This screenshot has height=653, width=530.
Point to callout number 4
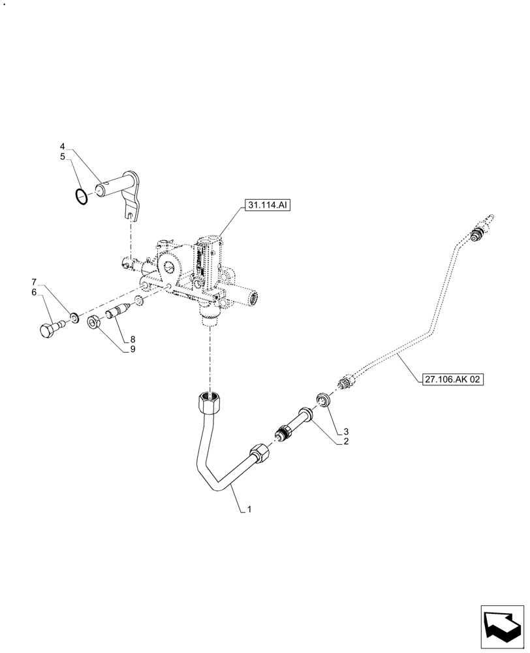[63, 146]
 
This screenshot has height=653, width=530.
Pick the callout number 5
[63, 157]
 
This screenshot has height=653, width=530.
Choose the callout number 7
[34, 282]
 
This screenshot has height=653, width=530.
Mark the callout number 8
[132, 339]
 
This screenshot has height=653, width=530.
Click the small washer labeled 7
[76, 318]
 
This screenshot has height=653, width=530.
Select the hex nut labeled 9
[94, 321]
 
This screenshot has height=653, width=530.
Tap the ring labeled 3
[321, 398]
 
